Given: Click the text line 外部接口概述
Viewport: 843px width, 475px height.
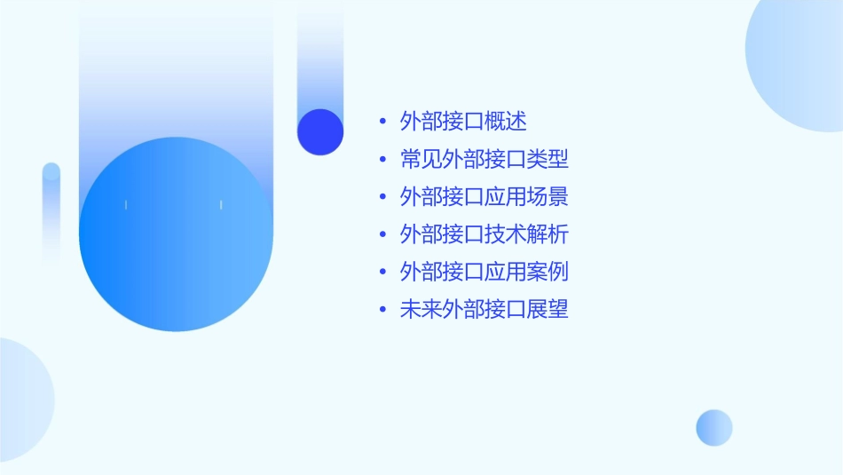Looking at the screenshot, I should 463,122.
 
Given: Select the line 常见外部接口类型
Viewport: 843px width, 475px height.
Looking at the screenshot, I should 484,160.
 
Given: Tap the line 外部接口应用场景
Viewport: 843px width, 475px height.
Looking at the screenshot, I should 484,197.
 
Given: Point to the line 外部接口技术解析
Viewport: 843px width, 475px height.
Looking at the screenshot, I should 484,234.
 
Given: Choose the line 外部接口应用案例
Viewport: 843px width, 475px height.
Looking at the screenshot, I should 484,272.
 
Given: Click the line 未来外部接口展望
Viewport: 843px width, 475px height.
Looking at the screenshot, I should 484,310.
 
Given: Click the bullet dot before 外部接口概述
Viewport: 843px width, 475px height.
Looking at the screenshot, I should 382,123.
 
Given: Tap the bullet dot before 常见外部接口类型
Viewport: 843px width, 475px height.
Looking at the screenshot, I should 382,161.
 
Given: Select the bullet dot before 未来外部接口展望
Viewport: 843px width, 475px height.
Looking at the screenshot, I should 382,311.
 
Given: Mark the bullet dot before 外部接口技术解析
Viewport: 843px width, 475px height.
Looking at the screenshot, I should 382,235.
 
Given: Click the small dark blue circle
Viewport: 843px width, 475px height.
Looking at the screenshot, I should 320,131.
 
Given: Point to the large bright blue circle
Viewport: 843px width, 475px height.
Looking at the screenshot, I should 176,234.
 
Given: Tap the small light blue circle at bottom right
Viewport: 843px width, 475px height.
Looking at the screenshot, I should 714,427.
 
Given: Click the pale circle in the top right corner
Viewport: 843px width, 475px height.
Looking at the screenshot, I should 799,62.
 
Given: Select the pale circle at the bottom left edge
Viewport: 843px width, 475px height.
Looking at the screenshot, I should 22,400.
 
